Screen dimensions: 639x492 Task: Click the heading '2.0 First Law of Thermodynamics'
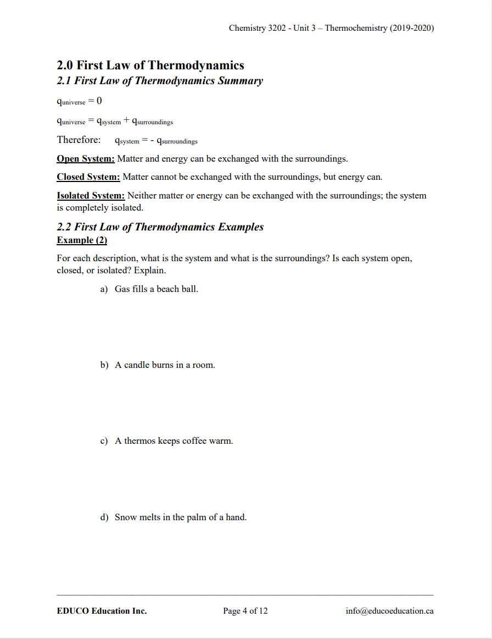point(150,65)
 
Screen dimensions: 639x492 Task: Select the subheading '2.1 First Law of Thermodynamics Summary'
point(160,81)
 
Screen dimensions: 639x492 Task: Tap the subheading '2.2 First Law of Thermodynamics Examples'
point(160,227)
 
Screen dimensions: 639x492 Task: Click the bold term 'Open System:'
point(86,159)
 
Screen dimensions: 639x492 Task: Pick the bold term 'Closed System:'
point(88,177)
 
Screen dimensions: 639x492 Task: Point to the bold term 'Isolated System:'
point(91,196)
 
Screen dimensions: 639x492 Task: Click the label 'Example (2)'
point(82,240)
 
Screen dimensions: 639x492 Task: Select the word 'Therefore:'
point(79,140)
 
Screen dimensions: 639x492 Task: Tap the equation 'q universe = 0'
point(79,101)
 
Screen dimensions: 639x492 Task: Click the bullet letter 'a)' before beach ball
point(104,289)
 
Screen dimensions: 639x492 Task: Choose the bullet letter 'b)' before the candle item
point(104,365)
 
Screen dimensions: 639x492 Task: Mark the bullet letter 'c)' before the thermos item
point(104,441)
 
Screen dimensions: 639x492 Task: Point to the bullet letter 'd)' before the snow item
point(104,517)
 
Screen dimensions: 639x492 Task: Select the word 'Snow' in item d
point(125,517)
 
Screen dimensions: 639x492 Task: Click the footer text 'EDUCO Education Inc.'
point(102,611)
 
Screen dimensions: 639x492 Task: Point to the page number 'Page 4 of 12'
point(245,611)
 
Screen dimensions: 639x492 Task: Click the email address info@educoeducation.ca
point(389,611)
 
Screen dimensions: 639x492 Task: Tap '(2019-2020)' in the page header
point(412,28)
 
